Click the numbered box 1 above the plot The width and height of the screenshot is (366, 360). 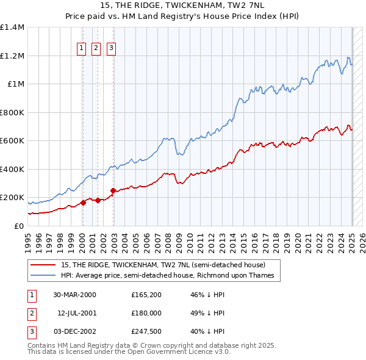click(x=82, y=49)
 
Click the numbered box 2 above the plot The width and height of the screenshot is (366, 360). click(x=96, y=49)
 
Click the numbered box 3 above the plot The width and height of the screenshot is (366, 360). click(x=112, y=49)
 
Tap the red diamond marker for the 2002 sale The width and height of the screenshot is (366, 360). click(x=113, y=190)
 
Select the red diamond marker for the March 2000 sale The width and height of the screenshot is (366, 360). click(x=82, y=203)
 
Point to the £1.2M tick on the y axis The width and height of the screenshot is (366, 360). click(x=12, y=56)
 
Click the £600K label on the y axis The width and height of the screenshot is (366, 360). click(x=12, y=140)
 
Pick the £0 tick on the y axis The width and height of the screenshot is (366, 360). click(x=18, y=226)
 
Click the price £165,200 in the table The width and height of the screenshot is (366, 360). click(x=145, y=295)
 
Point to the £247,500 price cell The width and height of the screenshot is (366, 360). click(x=145, y=331)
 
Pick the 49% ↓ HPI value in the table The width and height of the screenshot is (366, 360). click(x=207, y=313)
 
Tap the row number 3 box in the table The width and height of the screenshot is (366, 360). click(x=30, y=331)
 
